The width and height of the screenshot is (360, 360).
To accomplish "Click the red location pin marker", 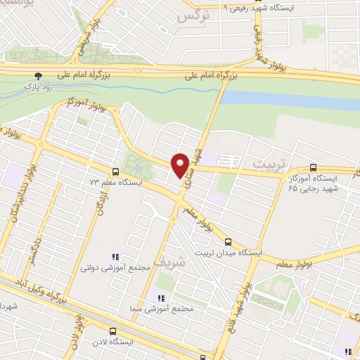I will coord(181,165).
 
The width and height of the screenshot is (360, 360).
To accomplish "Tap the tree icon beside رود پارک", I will coord(37,75).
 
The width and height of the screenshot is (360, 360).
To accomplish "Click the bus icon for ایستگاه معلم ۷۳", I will coord(115,171).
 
